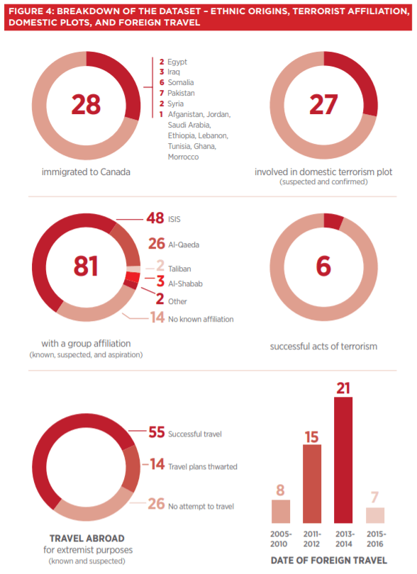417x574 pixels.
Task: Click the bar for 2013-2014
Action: coord(343,460)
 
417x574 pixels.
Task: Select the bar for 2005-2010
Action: coord(281,512)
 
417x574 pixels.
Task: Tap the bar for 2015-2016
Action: coord(375,515)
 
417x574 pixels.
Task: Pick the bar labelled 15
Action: coord(312,484)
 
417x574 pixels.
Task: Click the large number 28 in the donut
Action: coord(86,104)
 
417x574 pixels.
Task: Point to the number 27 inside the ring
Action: coord(323,105)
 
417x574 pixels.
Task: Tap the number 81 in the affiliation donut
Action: coord(86,266)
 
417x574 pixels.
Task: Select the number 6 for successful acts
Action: coord(323,266)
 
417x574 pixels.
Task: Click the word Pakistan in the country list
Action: coord(181,93)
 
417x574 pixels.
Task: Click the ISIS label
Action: coord(174,219)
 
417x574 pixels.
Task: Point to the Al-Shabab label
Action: coord(185,283)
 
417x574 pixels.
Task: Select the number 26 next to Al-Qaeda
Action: coord(157,244)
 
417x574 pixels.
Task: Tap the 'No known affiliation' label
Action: coord(201,319)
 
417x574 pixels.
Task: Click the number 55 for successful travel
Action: coord(157,432)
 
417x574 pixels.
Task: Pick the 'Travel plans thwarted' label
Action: coord(203,467)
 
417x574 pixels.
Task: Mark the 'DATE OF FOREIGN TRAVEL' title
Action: coord(328,561)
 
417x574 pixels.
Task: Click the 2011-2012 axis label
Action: coord(311,539)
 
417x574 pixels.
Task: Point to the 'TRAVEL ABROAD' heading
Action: coord(87,539)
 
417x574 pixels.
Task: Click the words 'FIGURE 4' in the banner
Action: coord(30,11)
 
